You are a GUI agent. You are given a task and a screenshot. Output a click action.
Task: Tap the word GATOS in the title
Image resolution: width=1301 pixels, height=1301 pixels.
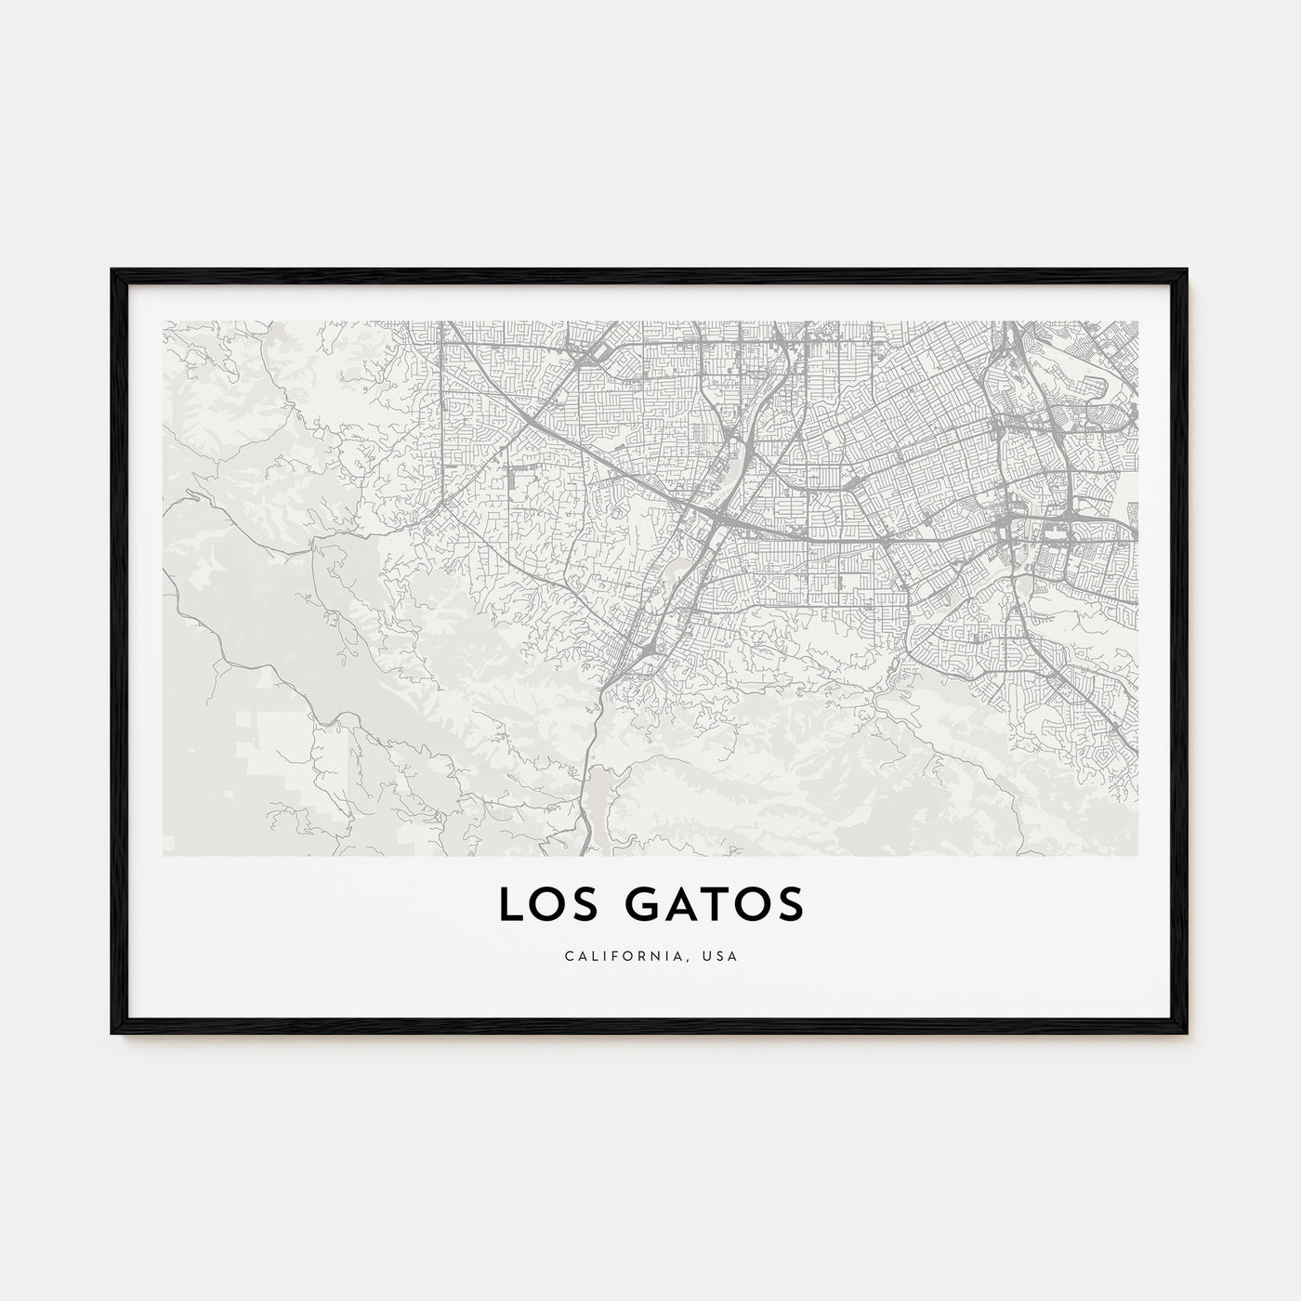pos(704,906)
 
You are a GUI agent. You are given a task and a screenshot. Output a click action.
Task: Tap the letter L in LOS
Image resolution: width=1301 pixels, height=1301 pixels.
pos(509,906)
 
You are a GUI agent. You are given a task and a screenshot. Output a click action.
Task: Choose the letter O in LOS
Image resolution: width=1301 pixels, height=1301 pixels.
pos(545,906)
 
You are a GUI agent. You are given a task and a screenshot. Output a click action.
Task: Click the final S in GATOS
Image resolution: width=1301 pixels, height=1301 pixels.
pos(788,906)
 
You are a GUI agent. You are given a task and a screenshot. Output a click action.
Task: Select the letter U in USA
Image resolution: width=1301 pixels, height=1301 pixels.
pos(709,956)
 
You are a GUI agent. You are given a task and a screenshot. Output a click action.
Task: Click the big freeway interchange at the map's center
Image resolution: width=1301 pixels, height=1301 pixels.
pos(712,517)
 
